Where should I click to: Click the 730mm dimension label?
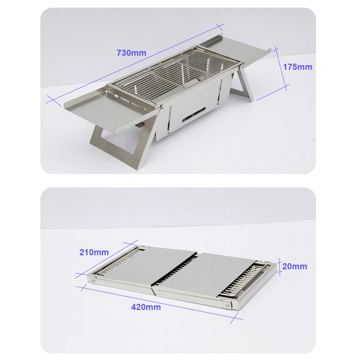(131, 52)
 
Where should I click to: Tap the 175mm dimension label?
(297, 67)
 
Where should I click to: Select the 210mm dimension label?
(94, 252)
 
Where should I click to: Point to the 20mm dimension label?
(295, 266)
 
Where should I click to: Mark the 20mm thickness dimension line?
(279, 266)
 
